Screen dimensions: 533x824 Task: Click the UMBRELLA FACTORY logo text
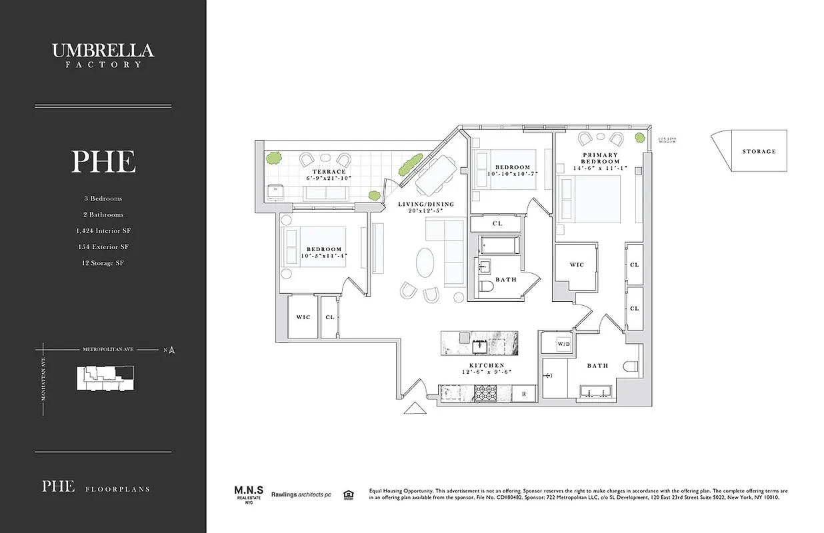(103, 55)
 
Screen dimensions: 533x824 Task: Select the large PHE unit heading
(103, 162)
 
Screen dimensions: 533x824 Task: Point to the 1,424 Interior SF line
(103, 231)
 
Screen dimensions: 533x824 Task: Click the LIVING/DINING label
(426, 204)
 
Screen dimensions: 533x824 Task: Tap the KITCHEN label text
(485, 366)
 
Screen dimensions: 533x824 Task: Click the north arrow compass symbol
(172, 349)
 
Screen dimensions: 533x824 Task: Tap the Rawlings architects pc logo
(302, 495)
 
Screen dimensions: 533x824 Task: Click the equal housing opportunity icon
(347, 494)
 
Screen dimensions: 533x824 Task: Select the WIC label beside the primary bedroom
(577, 265)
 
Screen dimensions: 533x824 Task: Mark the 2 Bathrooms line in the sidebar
(103, 215)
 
